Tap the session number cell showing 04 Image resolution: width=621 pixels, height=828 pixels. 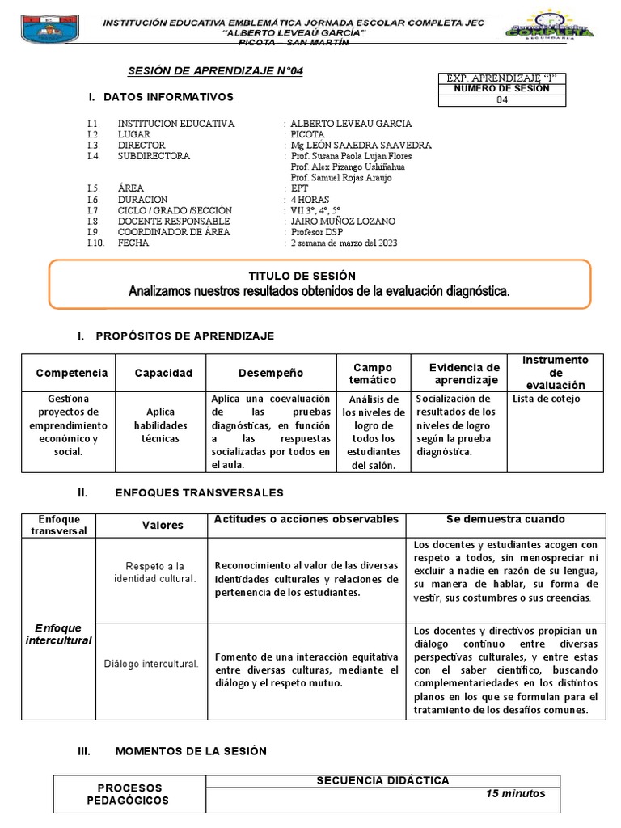(x=502, y=100)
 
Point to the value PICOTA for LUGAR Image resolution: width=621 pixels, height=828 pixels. (x=307, y=134)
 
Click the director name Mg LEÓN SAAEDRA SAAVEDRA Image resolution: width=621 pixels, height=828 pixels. (x=361, y=145)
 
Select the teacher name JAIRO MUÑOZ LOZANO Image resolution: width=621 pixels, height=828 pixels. (x=343, y=221)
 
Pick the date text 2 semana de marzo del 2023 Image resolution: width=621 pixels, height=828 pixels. (x=344, y=243)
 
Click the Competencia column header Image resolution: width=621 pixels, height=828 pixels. (x=71, y=373)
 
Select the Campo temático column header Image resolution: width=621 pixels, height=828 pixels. (x=372, y=374)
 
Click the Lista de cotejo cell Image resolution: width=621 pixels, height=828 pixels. (x=546, y=399)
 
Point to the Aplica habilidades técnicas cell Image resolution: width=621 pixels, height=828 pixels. (x=160, y=425)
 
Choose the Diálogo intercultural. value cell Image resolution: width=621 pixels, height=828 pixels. (x=151, y=664)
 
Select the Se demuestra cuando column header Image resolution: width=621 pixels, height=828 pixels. (x=505, y=519)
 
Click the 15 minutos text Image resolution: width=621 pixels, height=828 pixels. (x=515, y=793)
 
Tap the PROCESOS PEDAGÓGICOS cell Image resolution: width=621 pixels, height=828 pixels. (x=129, y=793)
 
